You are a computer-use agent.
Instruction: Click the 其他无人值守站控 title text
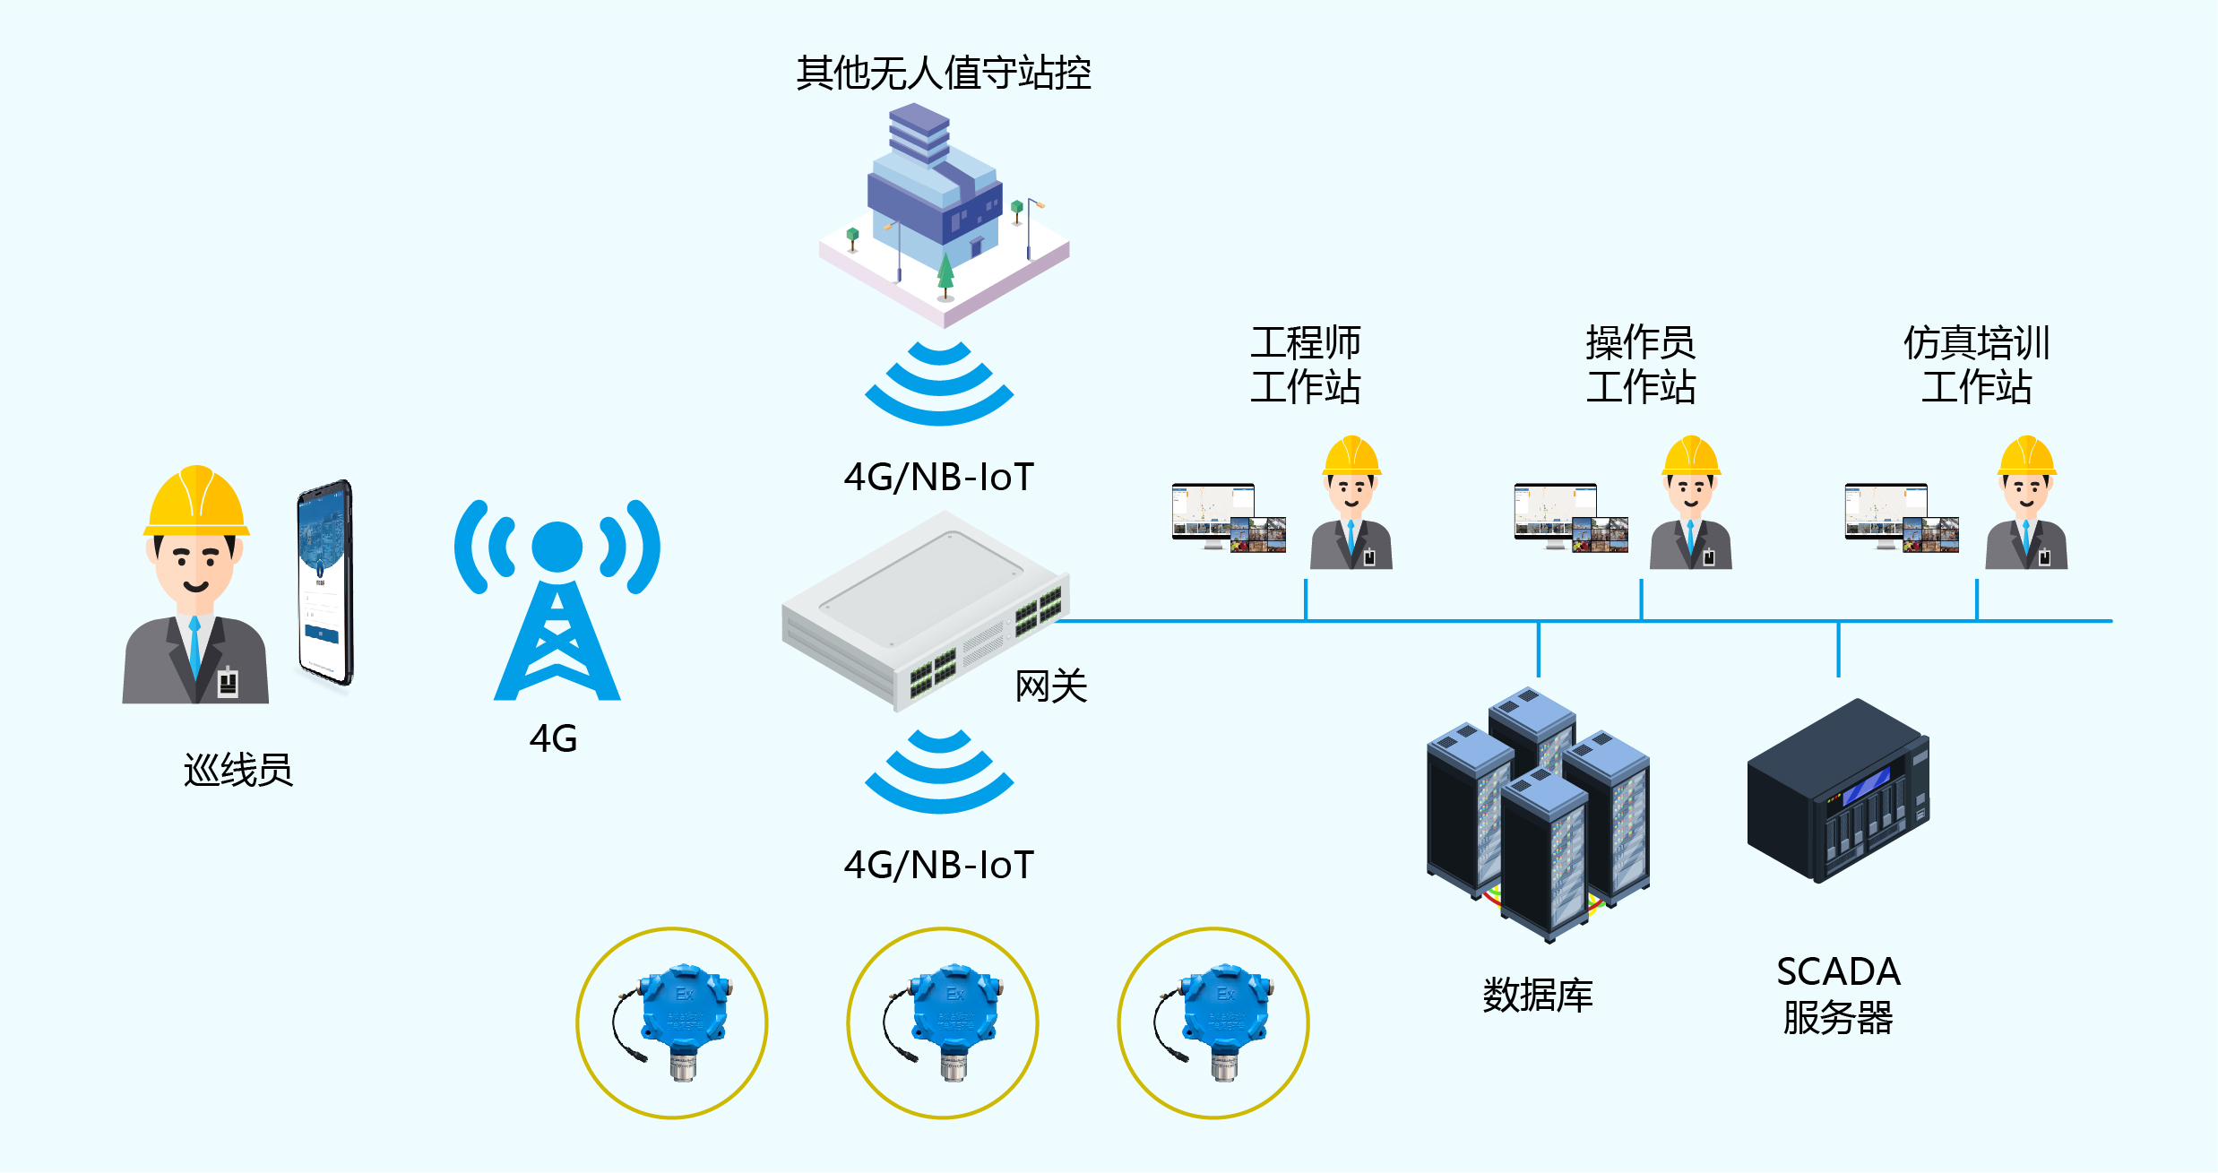click(943, 73)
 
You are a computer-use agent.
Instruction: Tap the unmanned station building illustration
click(943, 215)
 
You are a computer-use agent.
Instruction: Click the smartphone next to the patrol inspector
click(324, 582)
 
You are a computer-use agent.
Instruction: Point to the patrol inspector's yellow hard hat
click(196, 501)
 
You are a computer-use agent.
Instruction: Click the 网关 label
click(1050, 687)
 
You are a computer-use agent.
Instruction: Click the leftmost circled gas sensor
click(672, 1022)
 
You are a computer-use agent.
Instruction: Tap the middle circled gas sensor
click(943, 1022)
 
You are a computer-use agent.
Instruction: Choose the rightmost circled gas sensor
click(1213, 1022)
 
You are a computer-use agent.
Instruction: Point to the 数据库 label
click(1538, 996)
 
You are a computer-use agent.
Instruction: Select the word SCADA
click(1838, 972)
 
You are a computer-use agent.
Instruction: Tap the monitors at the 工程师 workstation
click(1229, 518)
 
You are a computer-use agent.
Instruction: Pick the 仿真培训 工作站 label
click(1976, 365)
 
